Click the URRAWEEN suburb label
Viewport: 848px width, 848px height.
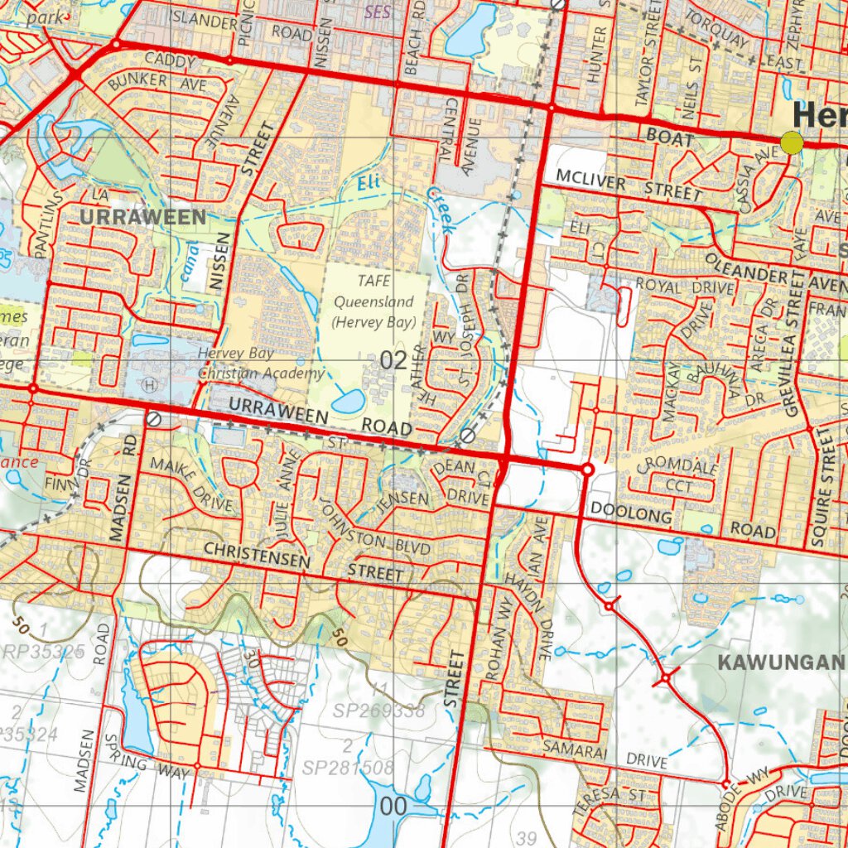[143, 218]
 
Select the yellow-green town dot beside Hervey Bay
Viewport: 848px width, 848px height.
[793, 142]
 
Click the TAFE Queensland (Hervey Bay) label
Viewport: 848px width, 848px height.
[373, 301]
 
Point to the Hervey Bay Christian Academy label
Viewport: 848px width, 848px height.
[251, 364]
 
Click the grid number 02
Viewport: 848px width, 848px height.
[394, 360]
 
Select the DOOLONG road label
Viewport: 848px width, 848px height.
[631, 516]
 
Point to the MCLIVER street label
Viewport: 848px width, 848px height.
[590, 177]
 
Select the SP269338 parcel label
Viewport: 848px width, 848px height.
[379, 711]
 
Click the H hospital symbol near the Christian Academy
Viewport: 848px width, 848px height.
[150, 385]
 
